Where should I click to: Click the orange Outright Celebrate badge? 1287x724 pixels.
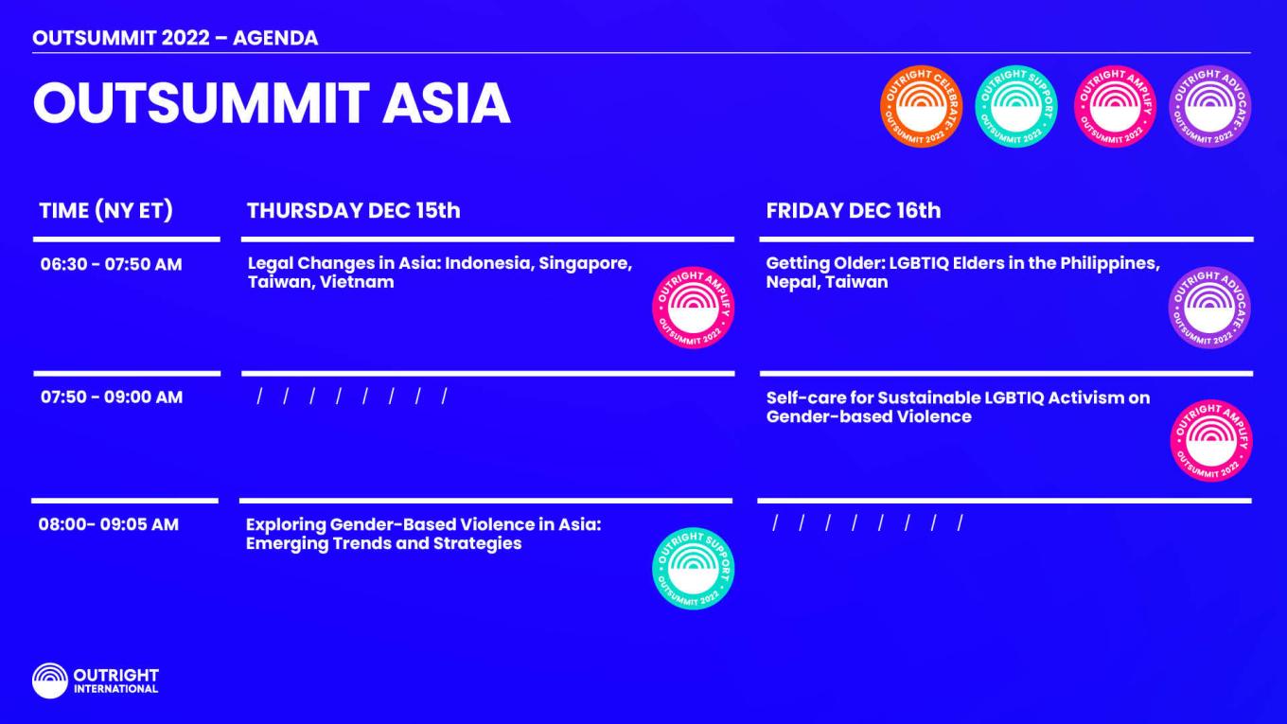921,106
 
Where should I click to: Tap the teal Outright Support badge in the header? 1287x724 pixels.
1015,106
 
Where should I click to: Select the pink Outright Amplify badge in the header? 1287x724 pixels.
1115,106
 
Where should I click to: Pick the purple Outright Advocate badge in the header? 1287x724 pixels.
1210,106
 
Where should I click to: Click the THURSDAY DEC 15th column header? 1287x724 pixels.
353,210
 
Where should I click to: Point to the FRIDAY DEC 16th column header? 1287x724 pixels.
854,210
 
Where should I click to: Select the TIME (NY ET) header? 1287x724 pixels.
106,210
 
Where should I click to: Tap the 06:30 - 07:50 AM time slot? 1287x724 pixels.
111,264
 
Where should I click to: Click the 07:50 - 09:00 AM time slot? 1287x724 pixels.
112,397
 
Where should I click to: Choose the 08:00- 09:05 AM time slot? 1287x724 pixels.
109,524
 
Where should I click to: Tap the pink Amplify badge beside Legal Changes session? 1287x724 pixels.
693,308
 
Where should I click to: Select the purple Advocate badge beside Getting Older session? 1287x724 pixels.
1209,308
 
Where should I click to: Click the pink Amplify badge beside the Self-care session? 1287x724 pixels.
1211,441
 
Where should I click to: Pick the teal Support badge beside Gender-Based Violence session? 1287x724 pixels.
693,568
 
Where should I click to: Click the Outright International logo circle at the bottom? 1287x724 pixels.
50,680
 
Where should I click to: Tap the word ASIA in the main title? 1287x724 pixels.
446,103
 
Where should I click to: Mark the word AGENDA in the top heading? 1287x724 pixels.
275,38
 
